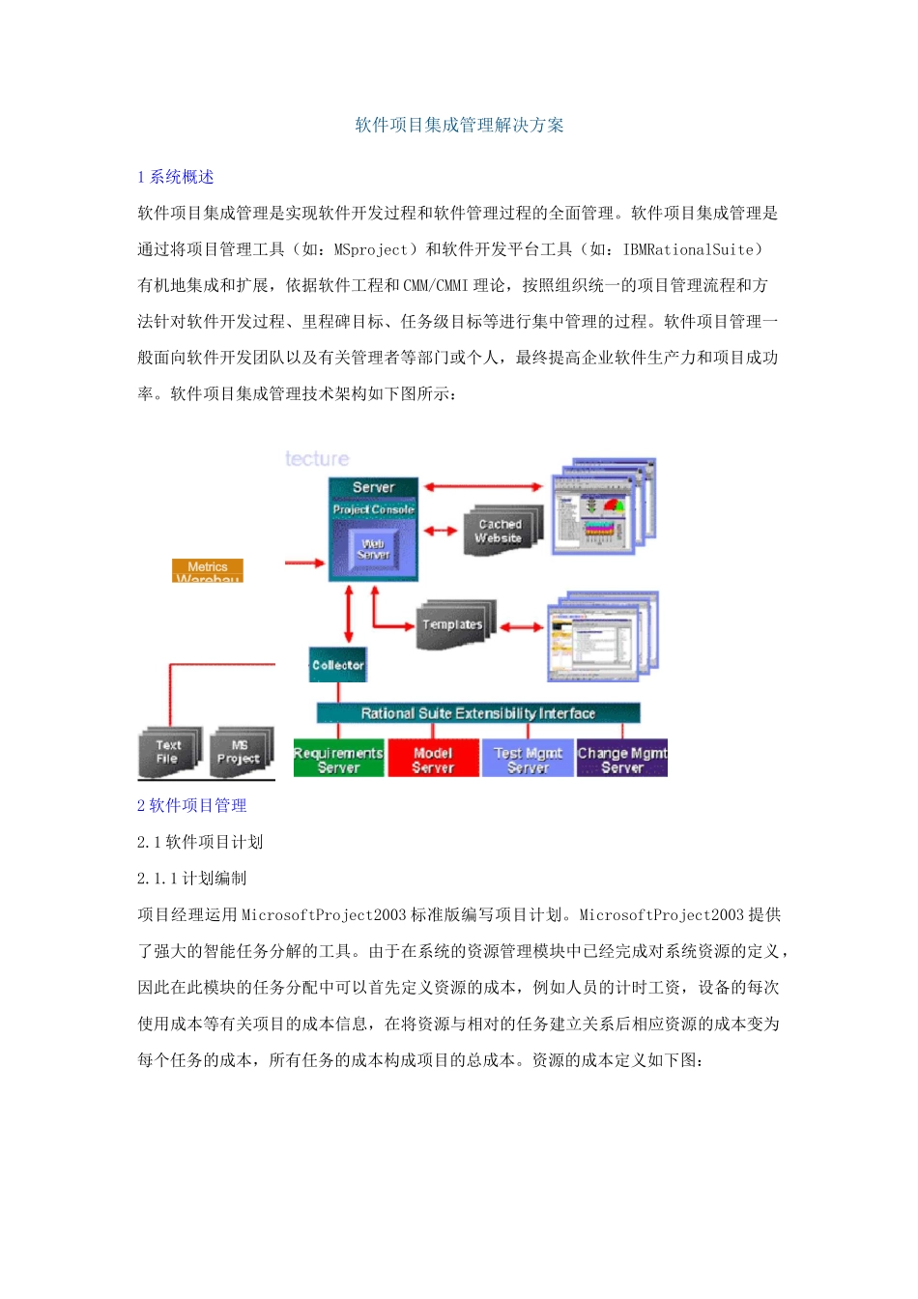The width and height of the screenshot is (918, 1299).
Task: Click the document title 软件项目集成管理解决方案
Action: [x=459, y=125]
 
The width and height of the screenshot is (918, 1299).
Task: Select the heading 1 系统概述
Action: [x=176, y=177]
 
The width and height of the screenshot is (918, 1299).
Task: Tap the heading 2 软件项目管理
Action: [x=191, y=805]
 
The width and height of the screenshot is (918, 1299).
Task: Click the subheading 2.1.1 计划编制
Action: [x=191, y=878]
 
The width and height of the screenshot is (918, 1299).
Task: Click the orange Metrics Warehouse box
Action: [x=208, y=570]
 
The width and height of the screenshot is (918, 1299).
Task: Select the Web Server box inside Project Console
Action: [x=373, y=549]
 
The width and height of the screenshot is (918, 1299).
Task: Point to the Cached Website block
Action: [x=500, y=531]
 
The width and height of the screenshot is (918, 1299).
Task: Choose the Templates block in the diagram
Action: [x=452, y=625]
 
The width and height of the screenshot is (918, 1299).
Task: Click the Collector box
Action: [x=338, y=665]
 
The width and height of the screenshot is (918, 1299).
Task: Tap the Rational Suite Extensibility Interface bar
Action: [x=478, y=713]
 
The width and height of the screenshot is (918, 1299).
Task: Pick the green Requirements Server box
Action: [x=338, y=760]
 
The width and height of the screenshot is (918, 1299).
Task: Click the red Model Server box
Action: [x=433, y=760]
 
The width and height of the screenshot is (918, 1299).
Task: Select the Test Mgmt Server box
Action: [x=528, y=760]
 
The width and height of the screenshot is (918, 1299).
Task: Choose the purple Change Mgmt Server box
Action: [x=622, y=760]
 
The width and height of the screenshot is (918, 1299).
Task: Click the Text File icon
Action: [x=169, y=752]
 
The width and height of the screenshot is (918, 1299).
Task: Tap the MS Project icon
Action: [x=239, y=752]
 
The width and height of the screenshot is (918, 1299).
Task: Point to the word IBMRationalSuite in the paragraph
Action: [x=688, y=249]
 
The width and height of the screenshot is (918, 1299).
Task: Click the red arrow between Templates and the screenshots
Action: [x=522, y=627]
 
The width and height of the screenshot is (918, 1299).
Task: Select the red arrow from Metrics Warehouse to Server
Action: [x=304, y=563]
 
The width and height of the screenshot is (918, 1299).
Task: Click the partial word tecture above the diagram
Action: [x=317, y=459]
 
